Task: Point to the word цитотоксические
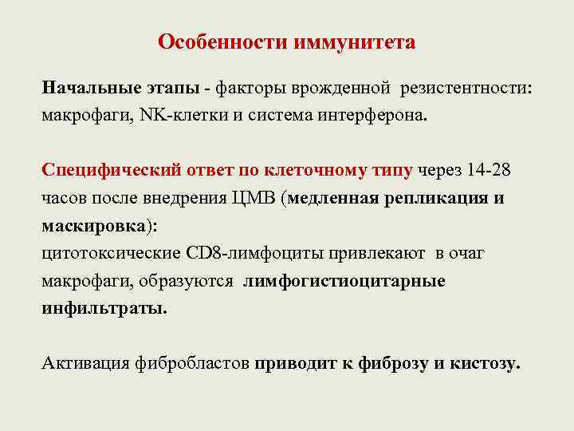[x=104, y=253]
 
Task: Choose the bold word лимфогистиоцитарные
[x=344, y=281]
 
